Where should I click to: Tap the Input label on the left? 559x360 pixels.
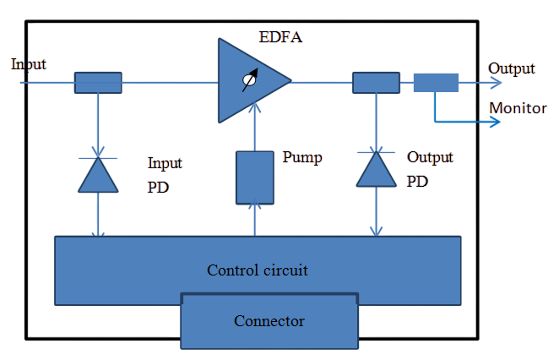coord(29,64)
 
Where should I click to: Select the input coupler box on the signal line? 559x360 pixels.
coord(98,82)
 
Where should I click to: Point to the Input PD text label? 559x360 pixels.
coord(165,174)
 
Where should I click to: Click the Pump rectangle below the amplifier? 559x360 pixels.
coord(254,177)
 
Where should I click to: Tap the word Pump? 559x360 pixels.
coord(301,158)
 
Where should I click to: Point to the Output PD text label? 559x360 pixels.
coord(430,169)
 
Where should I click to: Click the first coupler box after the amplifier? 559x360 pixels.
coord(376,82)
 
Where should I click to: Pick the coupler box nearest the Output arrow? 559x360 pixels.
coord(436,82)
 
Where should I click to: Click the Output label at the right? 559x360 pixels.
coord(512,68)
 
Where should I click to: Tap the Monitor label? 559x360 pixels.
coord(518,109)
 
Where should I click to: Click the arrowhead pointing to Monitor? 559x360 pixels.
coord(494,122)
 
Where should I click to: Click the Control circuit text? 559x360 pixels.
coord(258,270)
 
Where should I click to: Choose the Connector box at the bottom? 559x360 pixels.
coord(269,321)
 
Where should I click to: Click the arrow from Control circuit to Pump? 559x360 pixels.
coord(254,220)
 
